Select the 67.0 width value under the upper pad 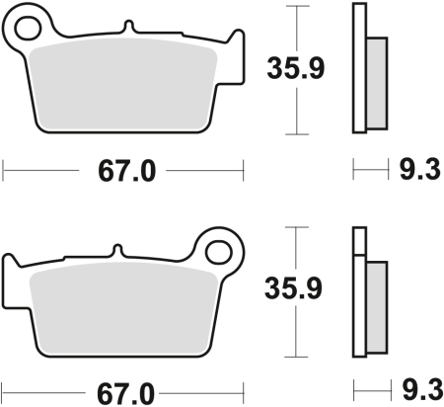click(x=125, y=171)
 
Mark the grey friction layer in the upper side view click(x=376, y=83)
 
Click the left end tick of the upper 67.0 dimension click(x=5, y=170)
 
